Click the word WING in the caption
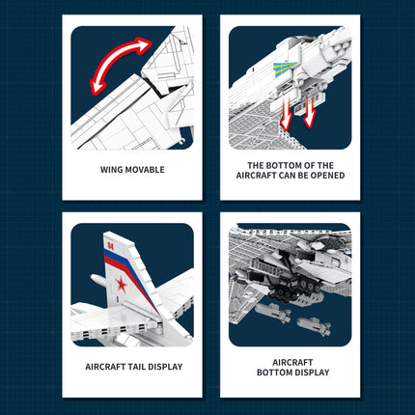(x=112, y=169)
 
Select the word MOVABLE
(x=145, y=169)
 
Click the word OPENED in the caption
(x=326, y=176)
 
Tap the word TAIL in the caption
(x=133, y=367)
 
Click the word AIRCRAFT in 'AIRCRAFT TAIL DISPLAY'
(x=100, y=367)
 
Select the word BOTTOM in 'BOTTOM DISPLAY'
(x=272, y=373)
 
